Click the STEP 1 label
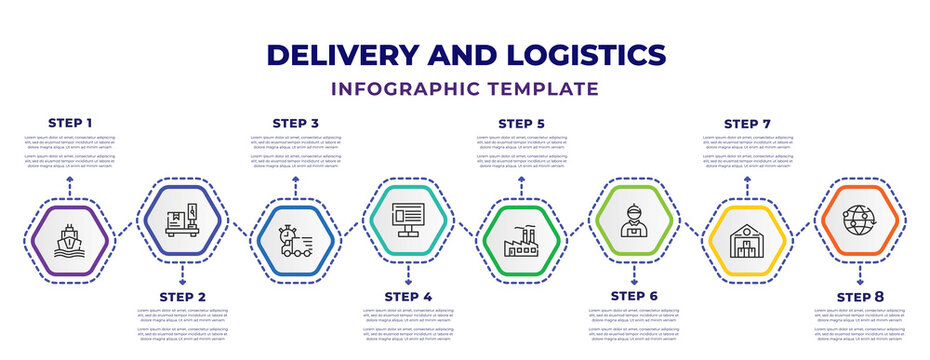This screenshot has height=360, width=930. tap(70, 123)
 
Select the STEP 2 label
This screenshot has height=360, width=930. tap(182, 297)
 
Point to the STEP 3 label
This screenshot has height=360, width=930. tap(295, 123)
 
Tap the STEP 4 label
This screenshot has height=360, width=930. tap(408, 297)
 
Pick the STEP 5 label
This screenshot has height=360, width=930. tap(521, 123)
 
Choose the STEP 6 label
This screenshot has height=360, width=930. tap(634, 297)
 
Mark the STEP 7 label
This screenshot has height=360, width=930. tap(747, 123)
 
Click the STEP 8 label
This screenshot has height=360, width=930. tap(860, 297)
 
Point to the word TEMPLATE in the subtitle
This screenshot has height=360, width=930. tap(548, 89)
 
